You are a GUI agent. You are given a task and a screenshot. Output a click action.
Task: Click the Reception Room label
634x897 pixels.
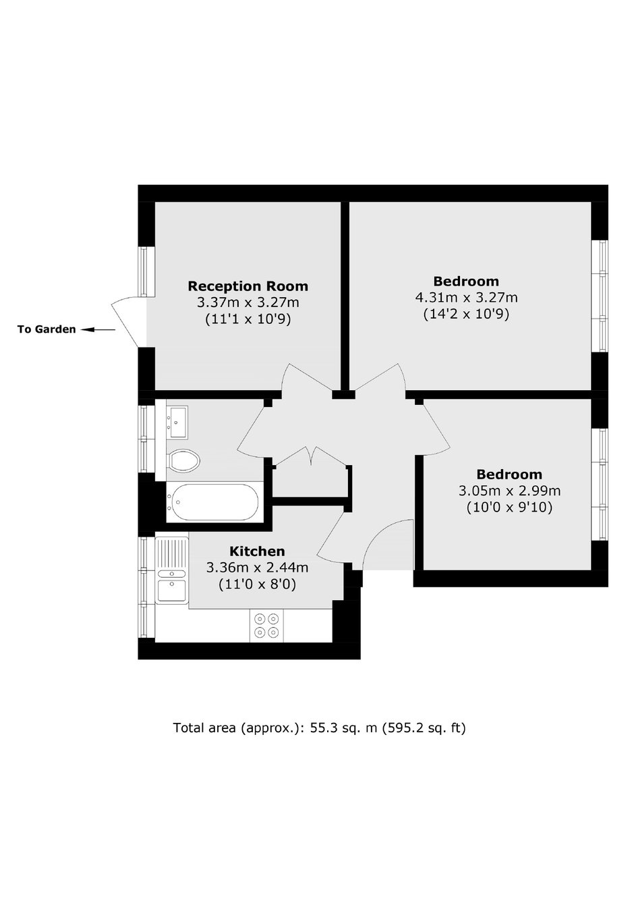point(248,286)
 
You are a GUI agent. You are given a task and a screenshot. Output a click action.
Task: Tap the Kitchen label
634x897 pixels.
point(257,551)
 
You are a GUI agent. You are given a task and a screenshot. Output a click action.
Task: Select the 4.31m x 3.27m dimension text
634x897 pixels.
point(466,298)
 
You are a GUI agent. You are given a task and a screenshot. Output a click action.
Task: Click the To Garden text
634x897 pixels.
point(47,329)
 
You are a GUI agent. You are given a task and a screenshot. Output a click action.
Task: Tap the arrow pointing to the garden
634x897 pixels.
point(98,329)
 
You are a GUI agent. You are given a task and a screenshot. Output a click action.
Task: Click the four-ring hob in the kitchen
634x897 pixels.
point(266,626)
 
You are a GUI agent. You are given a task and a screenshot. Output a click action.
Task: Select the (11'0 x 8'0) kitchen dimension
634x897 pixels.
point(257,585)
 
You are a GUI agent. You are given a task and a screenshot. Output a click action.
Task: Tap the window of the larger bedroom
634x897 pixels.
point(600,296)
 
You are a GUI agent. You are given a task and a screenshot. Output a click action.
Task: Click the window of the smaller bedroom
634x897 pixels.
point(600,485)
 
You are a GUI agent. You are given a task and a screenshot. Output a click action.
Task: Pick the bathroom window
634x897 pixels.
point(146,439)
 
